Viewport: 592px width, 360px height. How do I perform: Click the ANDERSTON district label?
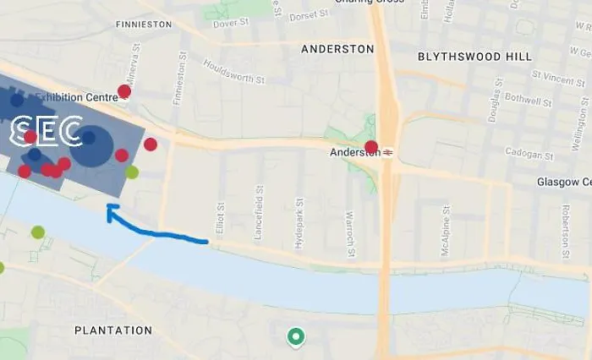[337, 50]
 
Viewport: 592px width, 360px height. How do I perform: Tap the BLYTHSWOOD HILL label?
[474, 57]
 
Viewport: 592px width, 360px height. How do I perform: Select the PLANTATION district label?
[112, 330]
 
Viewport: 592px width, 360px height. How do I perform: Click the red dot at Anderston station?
[370, 147]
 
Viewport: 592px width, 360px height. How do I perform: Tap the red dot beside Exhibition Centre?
[124, 91]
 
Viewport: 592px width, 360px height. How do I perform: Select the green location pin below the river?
[295, 337]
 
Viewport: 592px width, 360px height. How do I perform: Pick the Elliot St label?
[220, 218]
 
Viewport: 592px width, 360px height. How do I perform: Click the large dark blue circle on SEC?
[91, 146]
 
